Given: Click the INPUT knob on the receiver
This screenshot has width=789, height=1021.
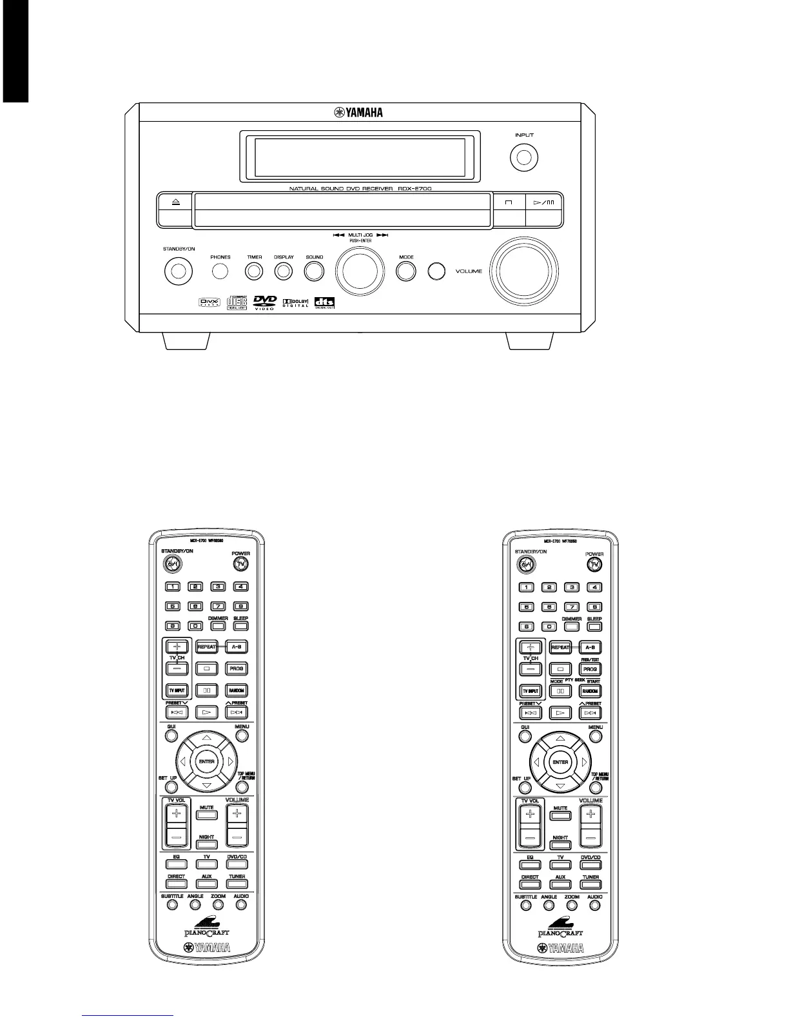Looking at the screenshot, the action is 524,158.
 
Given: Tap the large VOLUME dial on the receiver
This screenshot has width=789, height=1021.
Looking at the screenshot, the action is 523,271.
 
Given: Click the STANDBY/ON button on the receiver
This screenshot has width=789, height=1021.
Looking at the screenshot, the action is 179,271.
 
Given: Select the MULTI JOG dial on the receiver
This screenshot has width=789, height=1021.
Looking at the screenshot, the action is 360,271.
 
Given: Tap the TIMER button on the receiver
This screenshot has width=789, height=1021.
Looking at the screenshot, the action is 255,271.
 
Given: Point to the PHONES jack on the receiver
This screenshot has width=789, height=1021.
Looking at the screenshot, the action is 220,271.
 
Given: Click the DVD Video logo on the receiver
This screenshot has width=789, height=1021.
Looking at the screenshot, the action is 264,302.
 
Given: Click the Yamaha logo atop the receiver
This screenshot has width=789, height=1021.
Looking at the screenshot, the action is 358,113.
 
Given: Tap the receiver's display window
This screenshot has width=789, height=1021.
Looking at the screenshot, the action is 360,157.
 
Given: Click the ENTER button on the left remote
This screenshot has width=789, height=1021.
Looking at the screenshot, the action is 206,761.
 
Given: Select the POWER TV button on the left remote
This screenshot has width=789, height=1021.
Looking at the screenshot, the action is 241,564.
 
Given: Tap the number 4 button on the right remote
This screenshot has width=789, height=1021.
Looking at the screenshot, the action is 594,587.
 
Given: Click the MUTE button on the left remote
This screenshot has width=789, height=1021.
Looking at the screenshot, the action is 206,814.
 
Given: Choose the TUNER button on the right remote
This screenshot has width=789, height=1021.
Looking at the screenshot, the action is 590,884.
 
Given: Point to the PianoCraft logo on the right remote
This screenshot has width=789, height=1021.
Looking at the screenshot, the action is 560,928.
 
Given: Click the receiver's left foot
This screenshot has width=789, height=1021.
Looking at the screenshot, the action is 186,341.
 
